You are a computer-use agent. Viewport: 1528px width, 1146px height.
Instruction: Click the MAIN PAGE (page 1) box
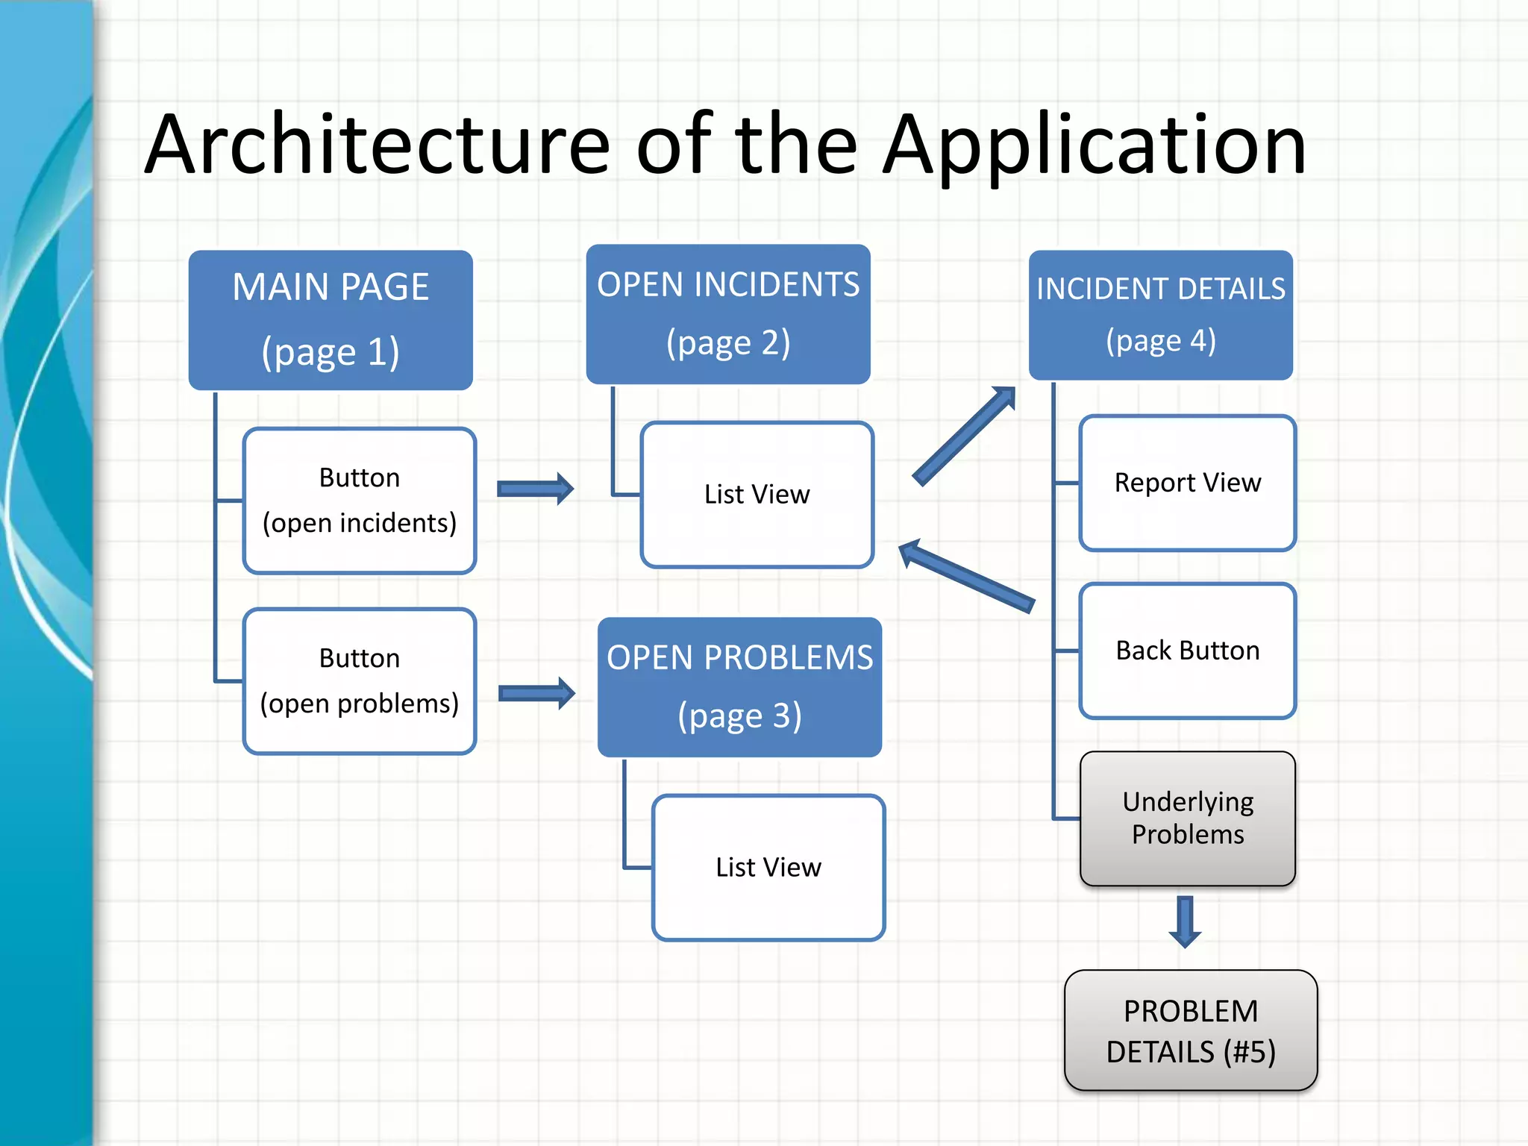coord(331,319)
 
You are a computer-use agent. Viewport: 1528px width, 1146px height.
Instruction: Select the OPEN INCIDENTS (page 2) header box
coord(728,313)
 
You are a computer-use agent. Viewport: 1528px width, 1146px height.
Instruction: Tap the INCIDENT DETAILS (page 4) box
coord(1160,315)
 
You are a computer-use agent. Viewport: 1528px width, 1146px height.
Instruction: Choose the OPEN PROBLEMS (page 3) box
coord(739,686)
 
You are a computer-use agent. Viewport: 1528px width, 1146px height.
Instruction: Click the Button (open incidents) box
coord(360,500)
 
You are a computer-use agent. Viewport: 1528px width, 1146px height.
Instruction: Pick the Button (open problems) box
coord(360,680)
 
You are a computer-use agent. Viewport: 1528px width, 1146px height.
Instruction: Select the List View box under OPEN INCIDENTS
coord(757,494)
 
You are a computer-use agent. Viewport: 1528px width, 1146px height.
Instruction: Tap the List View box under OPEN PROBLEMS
coord(768,867)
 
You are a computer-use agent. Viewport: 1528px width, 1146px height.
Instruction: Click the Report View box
coord(1187,483)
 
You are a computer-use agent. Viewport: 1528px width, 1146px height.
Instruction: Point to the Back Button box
coord(1187,651)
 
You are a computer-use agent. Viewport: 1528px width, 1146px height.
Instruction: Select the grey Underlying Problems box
coord(1187,818)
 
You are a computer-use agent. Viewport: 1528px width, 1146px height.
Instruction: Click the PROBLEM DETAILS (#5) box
coord(1191,1030)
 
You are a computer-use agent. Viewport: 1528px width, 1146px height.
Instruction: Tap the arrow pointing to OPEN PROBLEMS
coord(536,694)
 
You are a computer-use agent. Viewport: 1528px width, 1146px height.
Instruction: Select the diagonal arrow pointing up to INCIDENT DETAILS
coord(964,436)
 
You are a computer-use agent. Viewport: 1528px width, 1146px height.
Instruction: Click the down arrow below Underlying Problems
coord(1185,921)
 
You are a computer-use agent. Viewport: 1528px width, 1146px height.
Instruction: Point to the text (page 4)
coord(1160,341)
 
